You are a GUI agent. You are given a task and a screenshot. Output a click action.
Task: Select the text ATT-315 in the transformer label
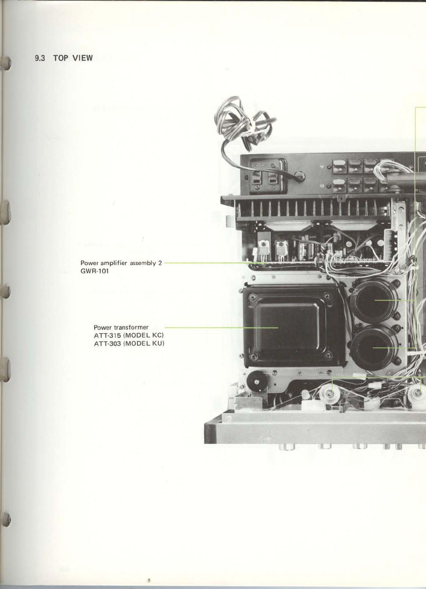coord(107,335)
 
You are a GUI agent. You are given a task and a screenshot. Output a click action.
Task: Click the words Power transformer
coord(121,327)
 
